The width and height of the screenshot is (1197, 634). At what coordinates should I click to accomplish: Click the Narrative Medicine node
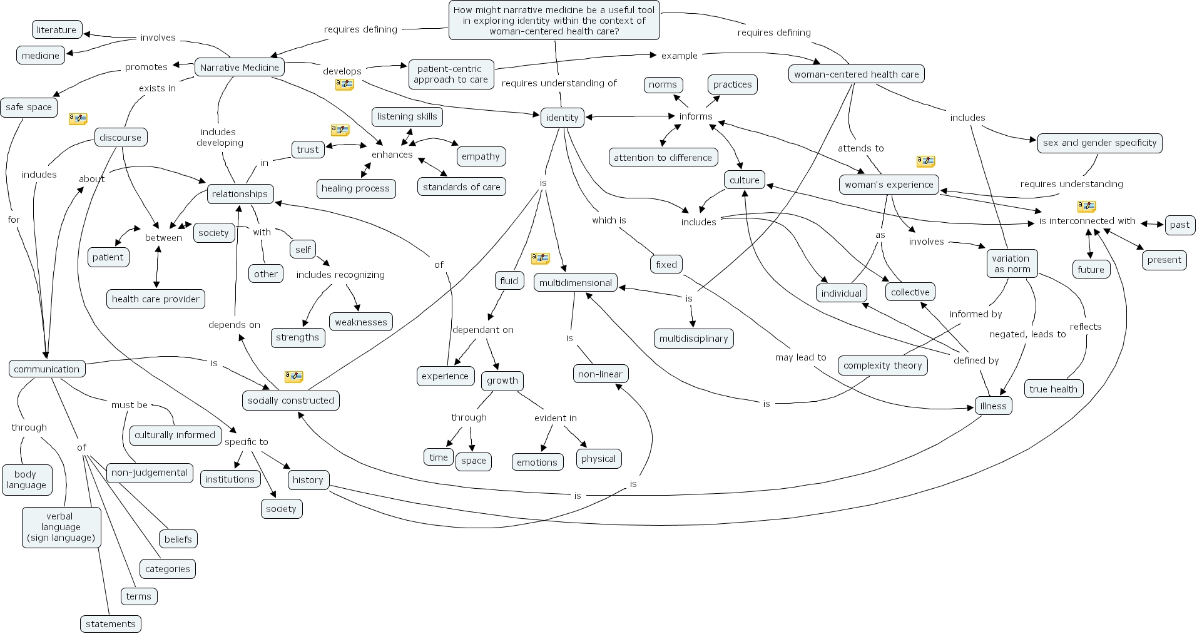[240, 68]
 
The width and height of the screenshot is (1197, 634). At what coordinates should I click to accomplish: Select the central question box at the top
[554, 20]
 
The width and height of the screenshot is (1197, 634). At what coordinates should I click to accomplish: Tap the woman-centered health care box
[857, 74]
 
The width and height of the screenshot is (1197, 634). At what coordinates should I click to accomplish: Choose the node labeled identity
[562, 117]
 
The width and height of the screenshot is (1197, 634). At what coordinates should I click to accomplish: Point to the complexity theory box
[883, 366]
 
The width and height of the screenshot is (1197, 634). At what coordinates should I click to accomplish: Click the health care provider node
[156, 299]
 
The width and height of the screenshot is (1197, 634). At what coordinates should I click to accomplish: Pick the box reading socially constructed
[291, 401]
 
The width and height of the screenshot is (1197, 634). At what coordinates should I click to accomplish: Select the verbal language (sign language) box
[61, 527]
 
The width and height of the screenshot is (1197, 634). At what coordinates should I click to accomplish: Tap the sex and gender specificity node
[1100, 143]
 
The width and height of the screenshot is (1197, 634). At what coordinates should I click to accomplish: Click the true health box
[1054, 389]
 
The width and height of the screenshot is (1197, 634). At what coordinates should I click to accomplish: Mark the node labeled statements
[111, 624]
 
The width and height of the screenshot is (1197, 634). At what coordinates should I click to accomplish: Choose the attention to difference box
[663, 158]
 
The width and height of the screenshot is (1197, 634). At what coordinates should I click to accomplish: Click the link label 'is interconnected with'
[1087, 221]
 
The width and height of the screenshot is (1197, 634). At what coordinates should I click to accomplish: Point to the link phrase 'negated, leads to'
[1027, 334]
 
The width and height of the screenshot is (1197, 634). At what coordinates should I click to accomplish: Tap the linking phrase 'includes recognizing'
[340, 275]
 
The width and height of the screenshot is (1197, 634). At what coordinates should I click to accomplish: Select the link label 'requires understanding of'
[559, 83]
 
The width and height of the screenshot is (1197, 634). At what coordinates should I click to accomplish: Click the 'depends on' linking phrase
[234, 325]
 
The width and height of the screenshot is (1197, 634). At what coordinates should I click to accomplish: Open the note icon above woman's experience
[925, 161]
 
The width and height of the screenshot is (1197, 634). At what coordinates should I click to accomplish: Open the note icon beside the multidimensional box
[540, 258]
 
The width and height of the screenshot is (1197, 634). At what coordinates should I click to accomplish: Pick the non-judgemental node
[150, 473]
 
